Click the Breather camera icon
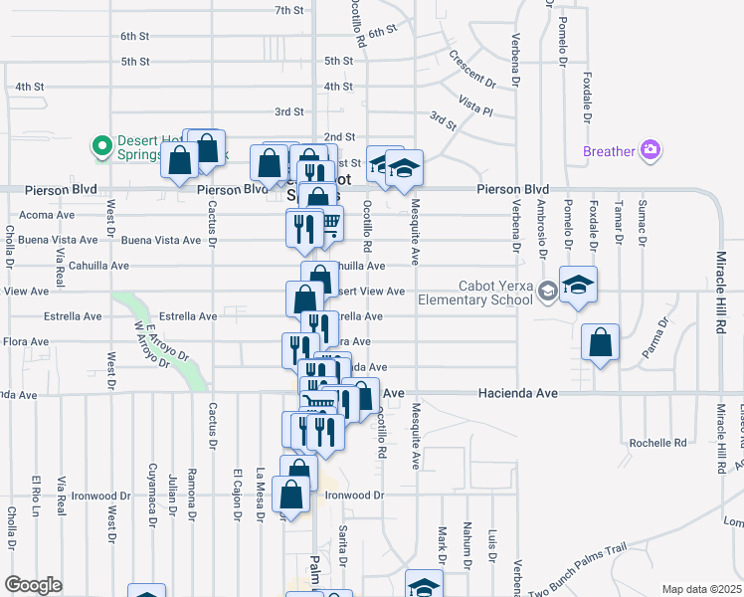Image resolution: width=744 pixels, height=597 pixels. click(x=651, y=151)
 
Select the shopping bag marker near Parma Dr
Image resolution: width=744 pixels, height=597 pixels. click(x=601, y=343)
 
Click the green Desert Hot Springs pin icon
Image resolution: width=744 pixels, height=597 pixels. click(x=100, y=147)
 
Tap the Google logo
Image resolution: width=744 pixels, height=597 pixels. click(x=33, y=584)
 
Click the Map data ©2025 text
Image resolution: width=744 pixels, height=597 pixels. click(x=700, y=589)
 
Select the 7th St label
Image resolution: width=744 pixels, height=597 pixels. click(x=288, y=11)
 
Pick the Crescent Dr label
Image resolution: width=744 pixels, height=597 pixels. click(x=471, y=69)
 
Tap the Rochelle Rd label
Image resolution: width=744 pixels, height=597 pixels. click(x=658, y=442)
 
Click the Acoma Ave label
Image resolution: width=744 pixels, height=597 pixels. click(x=48, y=214)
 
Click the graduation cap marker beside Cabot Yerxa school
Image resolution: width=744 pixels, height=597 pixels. click(x=578, y=285)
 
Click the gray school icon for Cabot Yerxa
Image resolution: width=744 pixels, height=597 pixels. click(x=546, y=291)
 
